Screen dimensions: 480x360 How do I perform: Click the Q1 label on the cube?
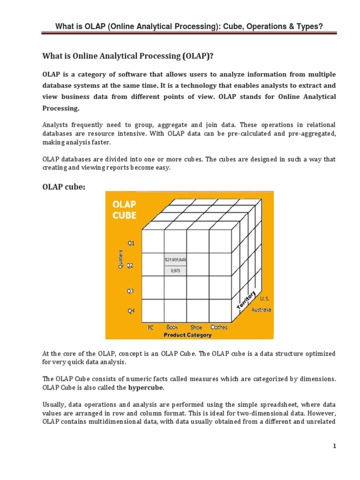pyautogui.click(x=131, y=243)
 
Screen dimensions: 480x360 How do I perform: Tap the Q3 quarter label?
pyautogui.click(x=131, y=291)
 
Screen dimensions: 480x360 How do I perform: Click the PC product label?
pyautogui.click(x=150, y=328)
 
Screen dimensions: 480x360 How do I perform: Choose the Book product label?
pyautogui.click(x=172, y=327)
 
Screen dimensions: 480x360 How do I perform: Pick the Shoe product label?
pyautogui.click(x=196, y=327)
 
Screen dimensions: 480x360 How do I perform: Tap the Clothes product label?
pyautogui.click(x=219, y=327)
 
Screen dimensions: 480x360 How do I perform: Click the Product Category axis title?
pyautogui.click(x=187, y=335)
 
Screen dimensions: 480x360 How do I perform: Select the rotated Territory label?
pyautogui.click(x=247, y=299)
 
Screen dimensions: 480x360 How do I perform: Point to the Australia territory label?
pyautogui.click(x=261, y=309)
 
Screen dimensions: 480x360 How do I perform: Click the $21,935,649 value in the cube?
pyautogui.click(x=175, y=259)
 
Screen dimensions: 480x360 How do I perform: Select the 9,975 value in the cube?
pyautogui.click(x=175, y=270)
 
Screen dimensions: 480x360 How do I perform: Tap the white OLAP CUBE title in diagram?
pyautogui.click(x=124, y=210)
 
